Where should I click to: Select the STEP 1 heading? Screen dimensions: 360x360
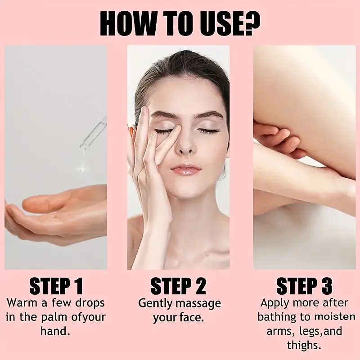[56, 286]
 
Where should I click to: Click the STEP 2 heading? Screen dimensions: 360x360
[179, 286]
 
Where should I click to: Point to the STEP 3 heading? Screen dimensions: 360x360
[304, 286]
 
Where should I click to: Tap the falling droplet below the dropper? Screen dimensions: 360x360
[81, 170]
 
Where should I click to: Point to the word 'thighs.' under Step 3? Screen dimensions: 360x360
[304, 346]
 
